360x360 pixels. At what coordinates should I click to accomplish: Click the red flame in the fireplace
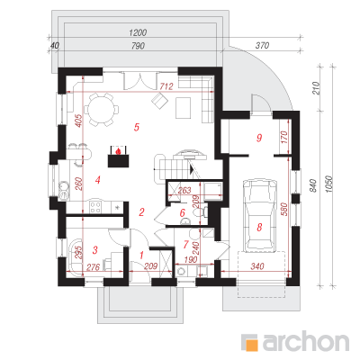(119, 150)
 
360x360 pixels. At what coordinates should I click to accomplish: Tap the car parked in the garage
(260, 215)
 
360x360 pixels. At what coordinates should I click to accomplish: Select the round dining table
(101, 109)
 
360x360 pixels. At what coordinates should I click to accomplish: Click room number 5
(137, 127)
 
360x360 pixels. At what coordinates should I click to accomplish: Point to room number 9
(259, 138)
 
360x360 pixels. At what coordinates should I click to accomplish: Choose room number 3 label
(95, 250)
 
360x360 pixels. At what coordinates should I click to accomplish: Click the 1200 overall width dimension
(138, 32)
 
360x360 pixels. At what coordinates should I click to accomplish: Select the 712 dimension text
(166, 86)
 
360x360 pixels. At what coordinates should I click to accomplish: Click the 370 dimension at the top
(262, 46)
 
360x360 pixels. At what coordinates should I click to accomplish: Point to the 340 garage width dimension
(257, 266)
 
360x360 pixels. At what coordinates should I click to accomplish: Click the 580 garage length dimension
(284, 210)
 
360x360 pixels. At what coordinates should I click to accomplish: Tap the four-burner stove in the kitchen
(95, 207)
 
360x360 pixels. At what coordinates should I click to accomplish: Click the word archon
(306, 341)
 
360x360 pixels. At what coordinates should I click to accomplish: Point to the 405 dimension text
(78, 121)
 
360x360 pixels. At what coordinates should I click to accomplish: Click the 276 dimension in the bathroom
(93, 266)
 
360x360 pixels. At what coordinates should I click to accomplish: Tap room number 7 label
(185, 245)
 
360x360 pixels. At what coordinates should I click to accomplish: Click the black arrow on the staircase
(192, 170)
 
